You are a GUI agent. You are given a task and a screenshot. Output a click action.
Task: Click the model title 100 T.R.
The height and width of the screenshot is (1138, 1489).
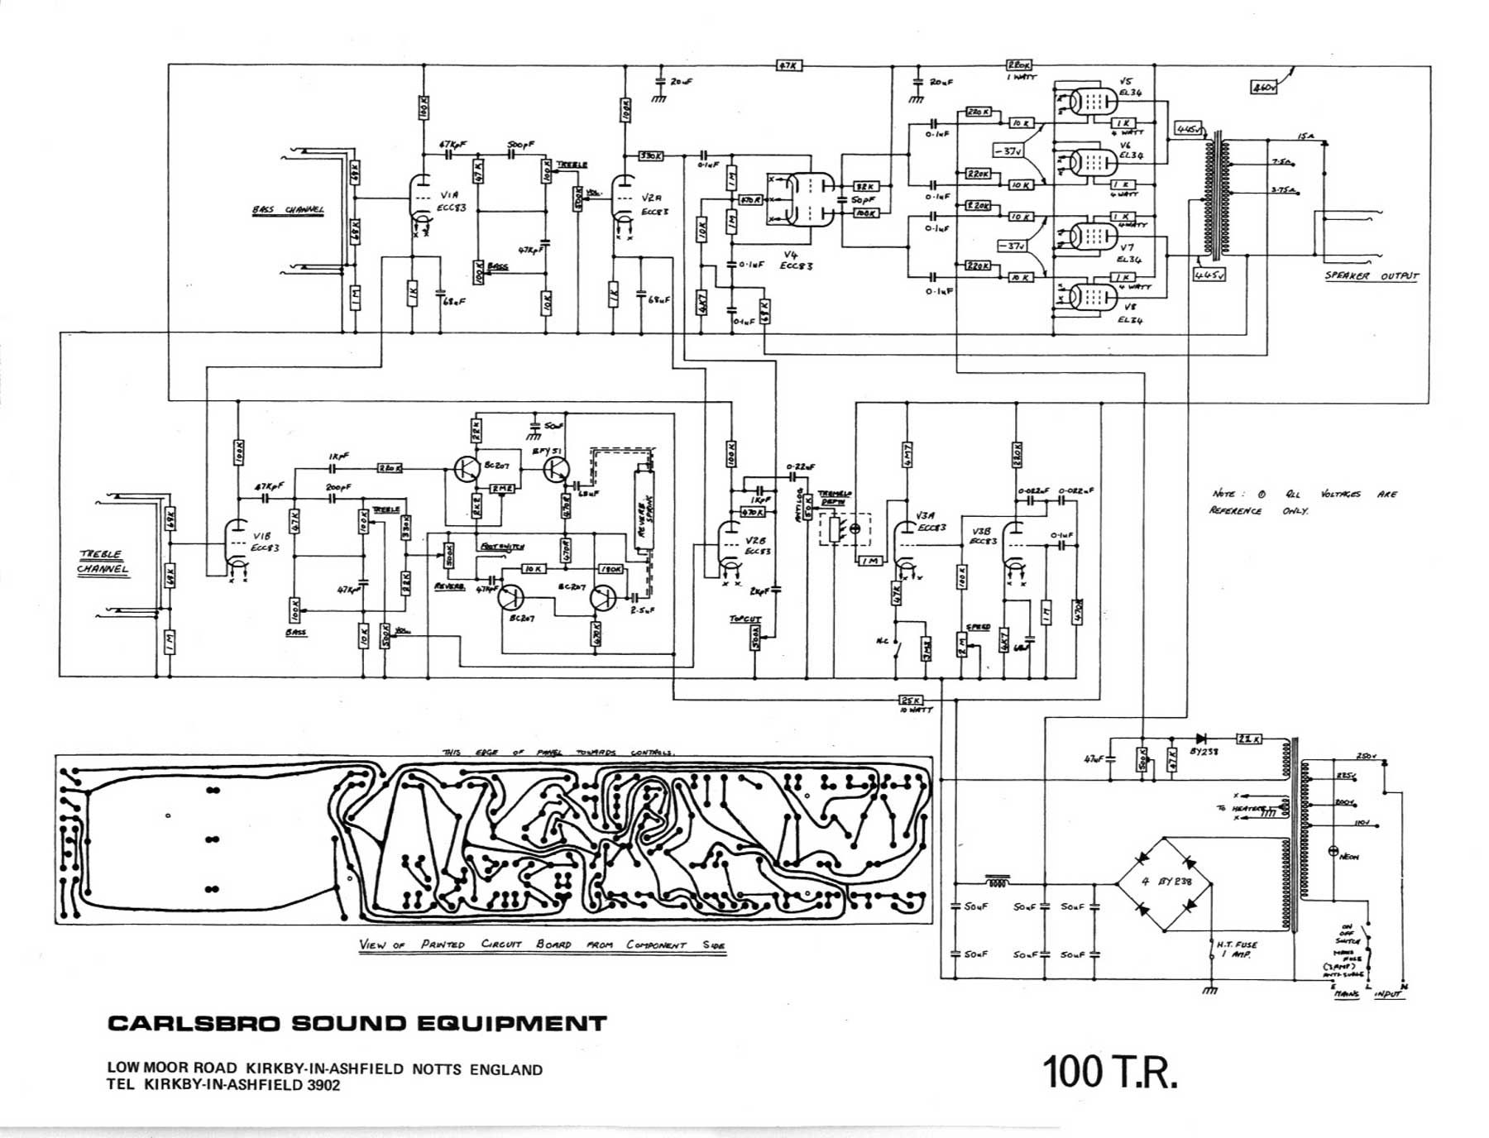pyautogui.click(x=1108, y=1072)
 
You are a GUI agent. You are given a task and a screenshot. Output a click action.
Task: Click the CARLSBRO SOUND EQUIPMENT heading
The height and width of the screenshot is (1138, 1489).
pyautogui.click(x=357, y=1024)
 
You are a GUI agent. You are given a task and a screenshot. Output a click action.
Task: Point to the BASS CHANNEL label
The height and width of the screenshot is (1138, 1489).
pyautogui.click(x=288, y=210)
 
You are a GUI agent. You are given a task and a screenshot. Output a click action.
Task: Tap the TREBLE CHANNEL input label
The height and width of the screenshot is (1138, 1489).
pyautogui.click(x=103, y=562)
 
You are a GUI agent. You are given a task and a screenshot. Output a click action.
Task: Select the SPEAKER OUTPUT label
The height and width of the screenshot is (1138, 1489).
pyautogui.click(x=1371, y=276)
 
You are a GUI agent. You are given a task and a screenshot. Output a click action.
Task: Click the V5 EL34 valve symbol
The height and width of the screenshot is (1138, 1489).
pyautogui.click(x=1087, y=102)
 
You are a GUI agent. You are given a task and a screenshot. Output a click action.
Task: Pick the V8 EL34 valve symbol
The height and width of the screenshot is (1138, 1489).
pyautogui.click(x=1087, y=295)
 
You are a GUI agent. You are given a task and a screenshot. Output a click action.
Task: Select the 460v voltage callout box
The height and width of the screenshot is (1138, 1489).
pyautogui.click(x=1263, y=86)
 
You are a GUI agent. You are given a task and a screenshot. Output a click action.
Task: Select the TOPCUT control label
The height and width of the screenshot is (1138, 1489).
pyautogui.click(x=744, y=619)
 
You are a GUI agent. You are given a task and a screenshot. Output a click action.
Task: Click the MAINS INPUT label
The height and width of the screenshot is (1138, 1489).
pyautogui.click(x=1369, y=994)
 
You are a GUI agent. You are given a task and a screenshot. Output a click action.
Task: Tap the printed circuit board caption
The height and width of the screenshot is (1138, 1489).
pyautogui.click(x=543, y=944)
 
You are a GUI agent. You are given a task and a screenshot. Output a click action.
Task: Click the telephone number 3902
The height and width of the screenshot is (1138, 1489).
pyautogui.click(x=323, y=1086)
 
